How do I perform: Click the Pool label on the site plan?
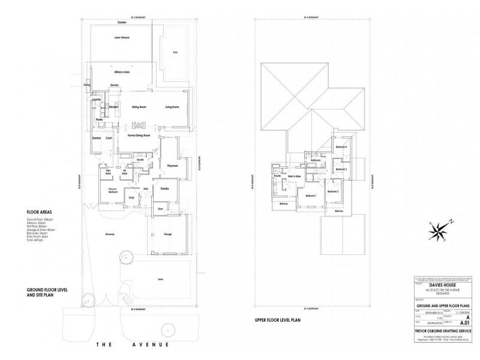coord(175,52)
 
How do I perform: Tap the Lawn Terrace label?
coord(122,38)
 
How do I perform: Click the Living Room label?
coord(173,107)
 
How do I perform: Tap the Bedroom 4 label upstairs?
coord(341,147)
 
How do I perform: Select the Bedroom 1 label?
coord(311,196)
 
